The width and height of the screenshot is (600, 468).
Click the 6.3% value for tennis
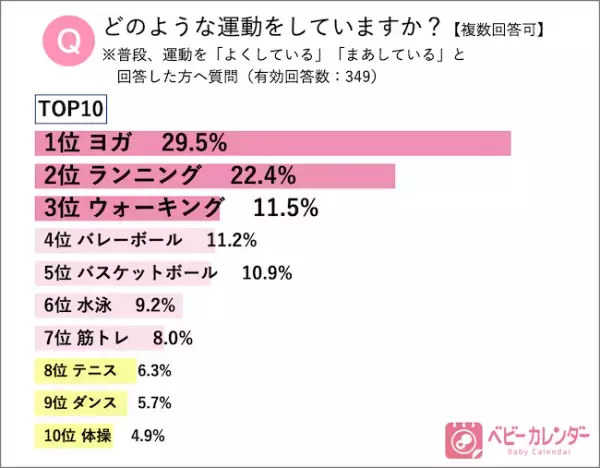[153, 371]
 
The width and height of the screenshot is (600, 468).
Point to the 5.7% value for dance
[153, 403]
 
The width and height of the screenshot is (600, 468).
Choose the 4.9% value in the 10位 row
[146, 435]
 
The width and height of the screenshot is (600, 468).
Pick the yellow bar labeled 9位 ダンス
[82, 403]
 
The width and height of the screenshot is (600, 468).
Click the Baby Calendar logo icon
[462, 436]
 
